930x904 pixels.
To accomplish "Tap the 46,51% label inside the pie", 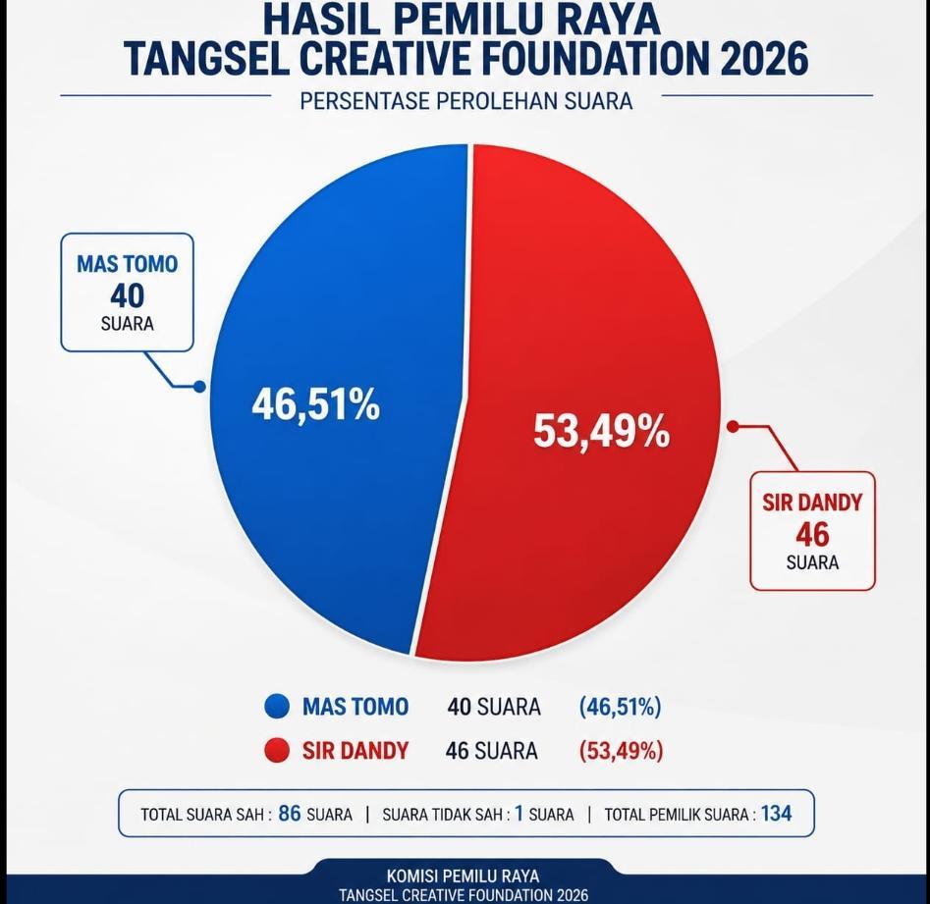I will click(315, 404).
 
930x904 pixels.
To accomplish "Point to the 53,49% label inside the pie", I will click(601, 432).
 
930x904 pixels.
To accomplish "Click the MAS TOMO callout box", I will click(127, 292).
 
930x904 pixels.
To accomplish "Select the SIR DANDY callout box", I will click(812, 531).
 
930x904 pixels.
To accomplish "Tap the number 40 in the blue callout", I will click(127, 293).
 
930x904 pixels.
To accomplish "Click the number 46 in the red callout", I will click(812, 534).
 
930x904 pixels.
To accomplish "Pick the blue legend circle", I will click(278, 707).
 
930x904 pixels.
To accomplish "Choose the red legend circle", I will click(278, 751).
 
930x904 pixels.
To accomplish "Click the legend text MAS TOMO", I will click(356, 707).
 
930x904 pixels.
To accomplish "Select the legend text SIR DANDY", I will click(356, 751).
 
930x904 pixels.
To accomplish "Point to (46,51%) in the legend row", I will click(620, 707).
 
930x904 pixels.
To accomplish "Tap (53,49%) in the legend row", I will click(621, 751).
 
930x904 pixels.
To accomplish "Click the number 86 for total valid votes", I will click(290, 814).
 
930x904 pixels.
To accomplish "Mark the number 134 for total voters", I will click(776, 814).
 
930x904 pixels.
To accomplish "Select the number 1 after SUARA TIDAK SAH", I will click(518, 814).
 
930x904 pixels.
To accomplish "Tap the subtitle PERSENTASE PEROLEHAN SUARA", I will click(466, 100).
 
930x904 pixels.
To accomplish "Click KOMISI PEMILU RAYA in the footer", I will click(464, 876).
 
